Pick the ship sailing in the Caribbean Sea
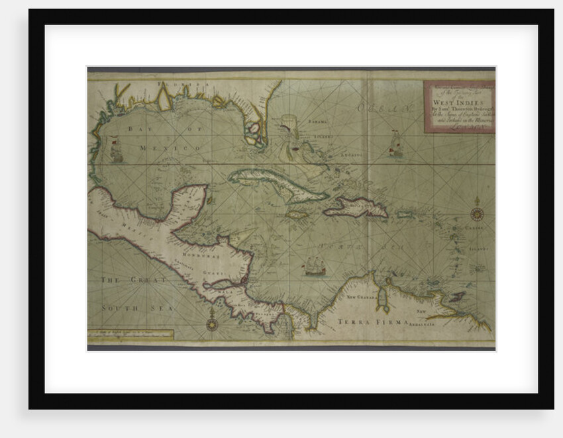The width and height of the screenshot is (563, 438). pyautogui.click(x=314, y=265)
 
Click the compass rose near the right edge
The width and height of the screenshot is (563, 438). pyautogui.click(x=476, y=213)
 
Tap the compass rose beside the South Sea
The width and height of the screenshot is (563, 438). pyautogui.click(x=212, y=324)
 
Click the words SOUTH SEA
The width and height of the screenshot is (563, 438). pyautogui.click(x=120, y=308)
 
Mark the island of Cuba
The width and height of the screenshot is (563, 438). pyautogui.click(x=278, y=184)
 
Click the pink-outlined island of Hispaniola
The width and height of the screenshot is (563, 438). pyautogui.click(x=356, y=208)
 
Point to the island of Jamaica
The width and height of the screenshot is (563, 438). pyautogui.click(x=298, y=215)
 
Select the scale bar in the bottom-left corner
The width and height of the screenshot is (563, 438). pyautogui.click(x=130, y=335)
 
